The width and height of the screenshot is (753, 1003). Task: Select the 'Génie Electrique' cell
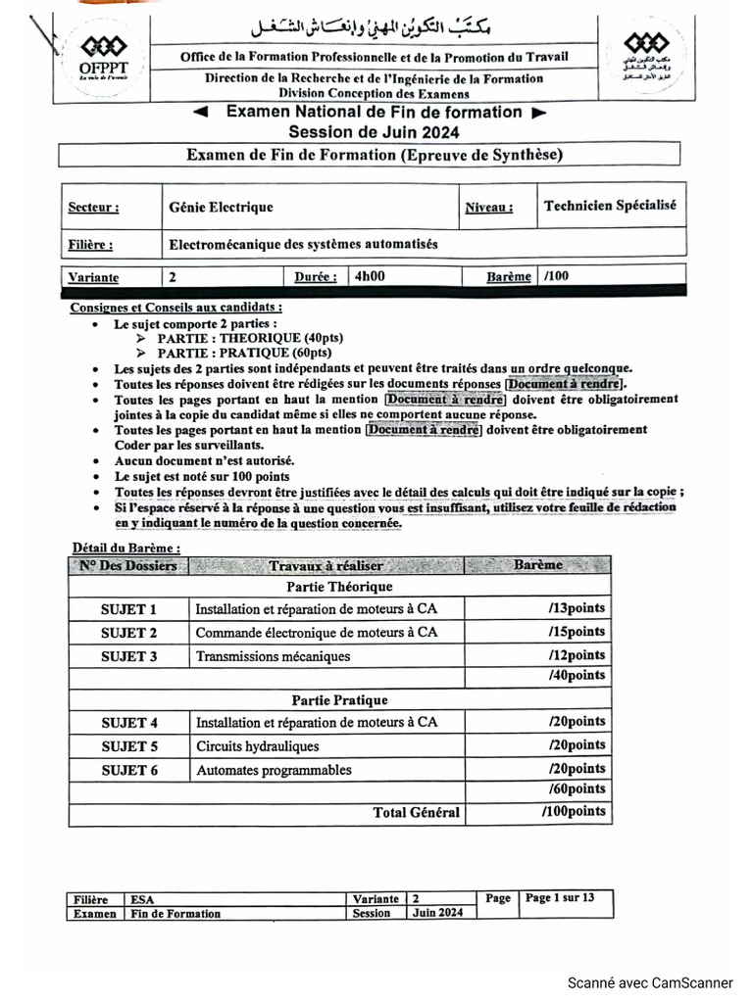point(221,208)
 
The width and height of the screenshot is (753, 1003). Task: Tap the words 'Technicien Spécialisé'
point(609,206)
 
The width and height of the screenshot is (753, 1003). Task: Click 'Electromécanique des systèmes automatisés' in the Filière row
point(304,244)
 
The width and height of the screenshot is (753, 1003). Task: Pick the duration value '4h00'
point(370,277)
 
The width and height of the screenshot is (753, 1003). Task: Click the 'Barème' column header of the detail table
point(538,565)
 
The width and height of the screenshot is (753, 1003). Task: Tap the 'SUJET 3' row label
point(128,656)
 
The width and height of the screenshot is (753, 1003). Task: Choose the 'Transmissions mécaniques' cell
point(273,656)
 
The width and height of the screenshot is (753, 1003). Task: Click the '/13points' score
point(577,608)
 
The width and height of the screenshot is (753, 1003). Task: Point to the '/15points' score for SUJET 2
point(577,632)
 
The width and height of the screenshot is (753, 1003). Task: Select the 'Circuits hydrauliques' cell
point(257,746)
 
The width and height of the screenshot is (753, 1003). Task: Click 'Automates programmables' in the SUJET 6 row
point(274,770)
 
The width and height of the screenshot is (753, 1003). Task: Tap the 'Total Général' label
point(416,812)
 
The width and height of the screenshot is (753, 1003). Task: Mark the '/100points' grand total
point(574,812)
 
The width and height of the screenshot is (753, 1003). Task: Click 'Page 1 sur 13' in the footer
point(560,897)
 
